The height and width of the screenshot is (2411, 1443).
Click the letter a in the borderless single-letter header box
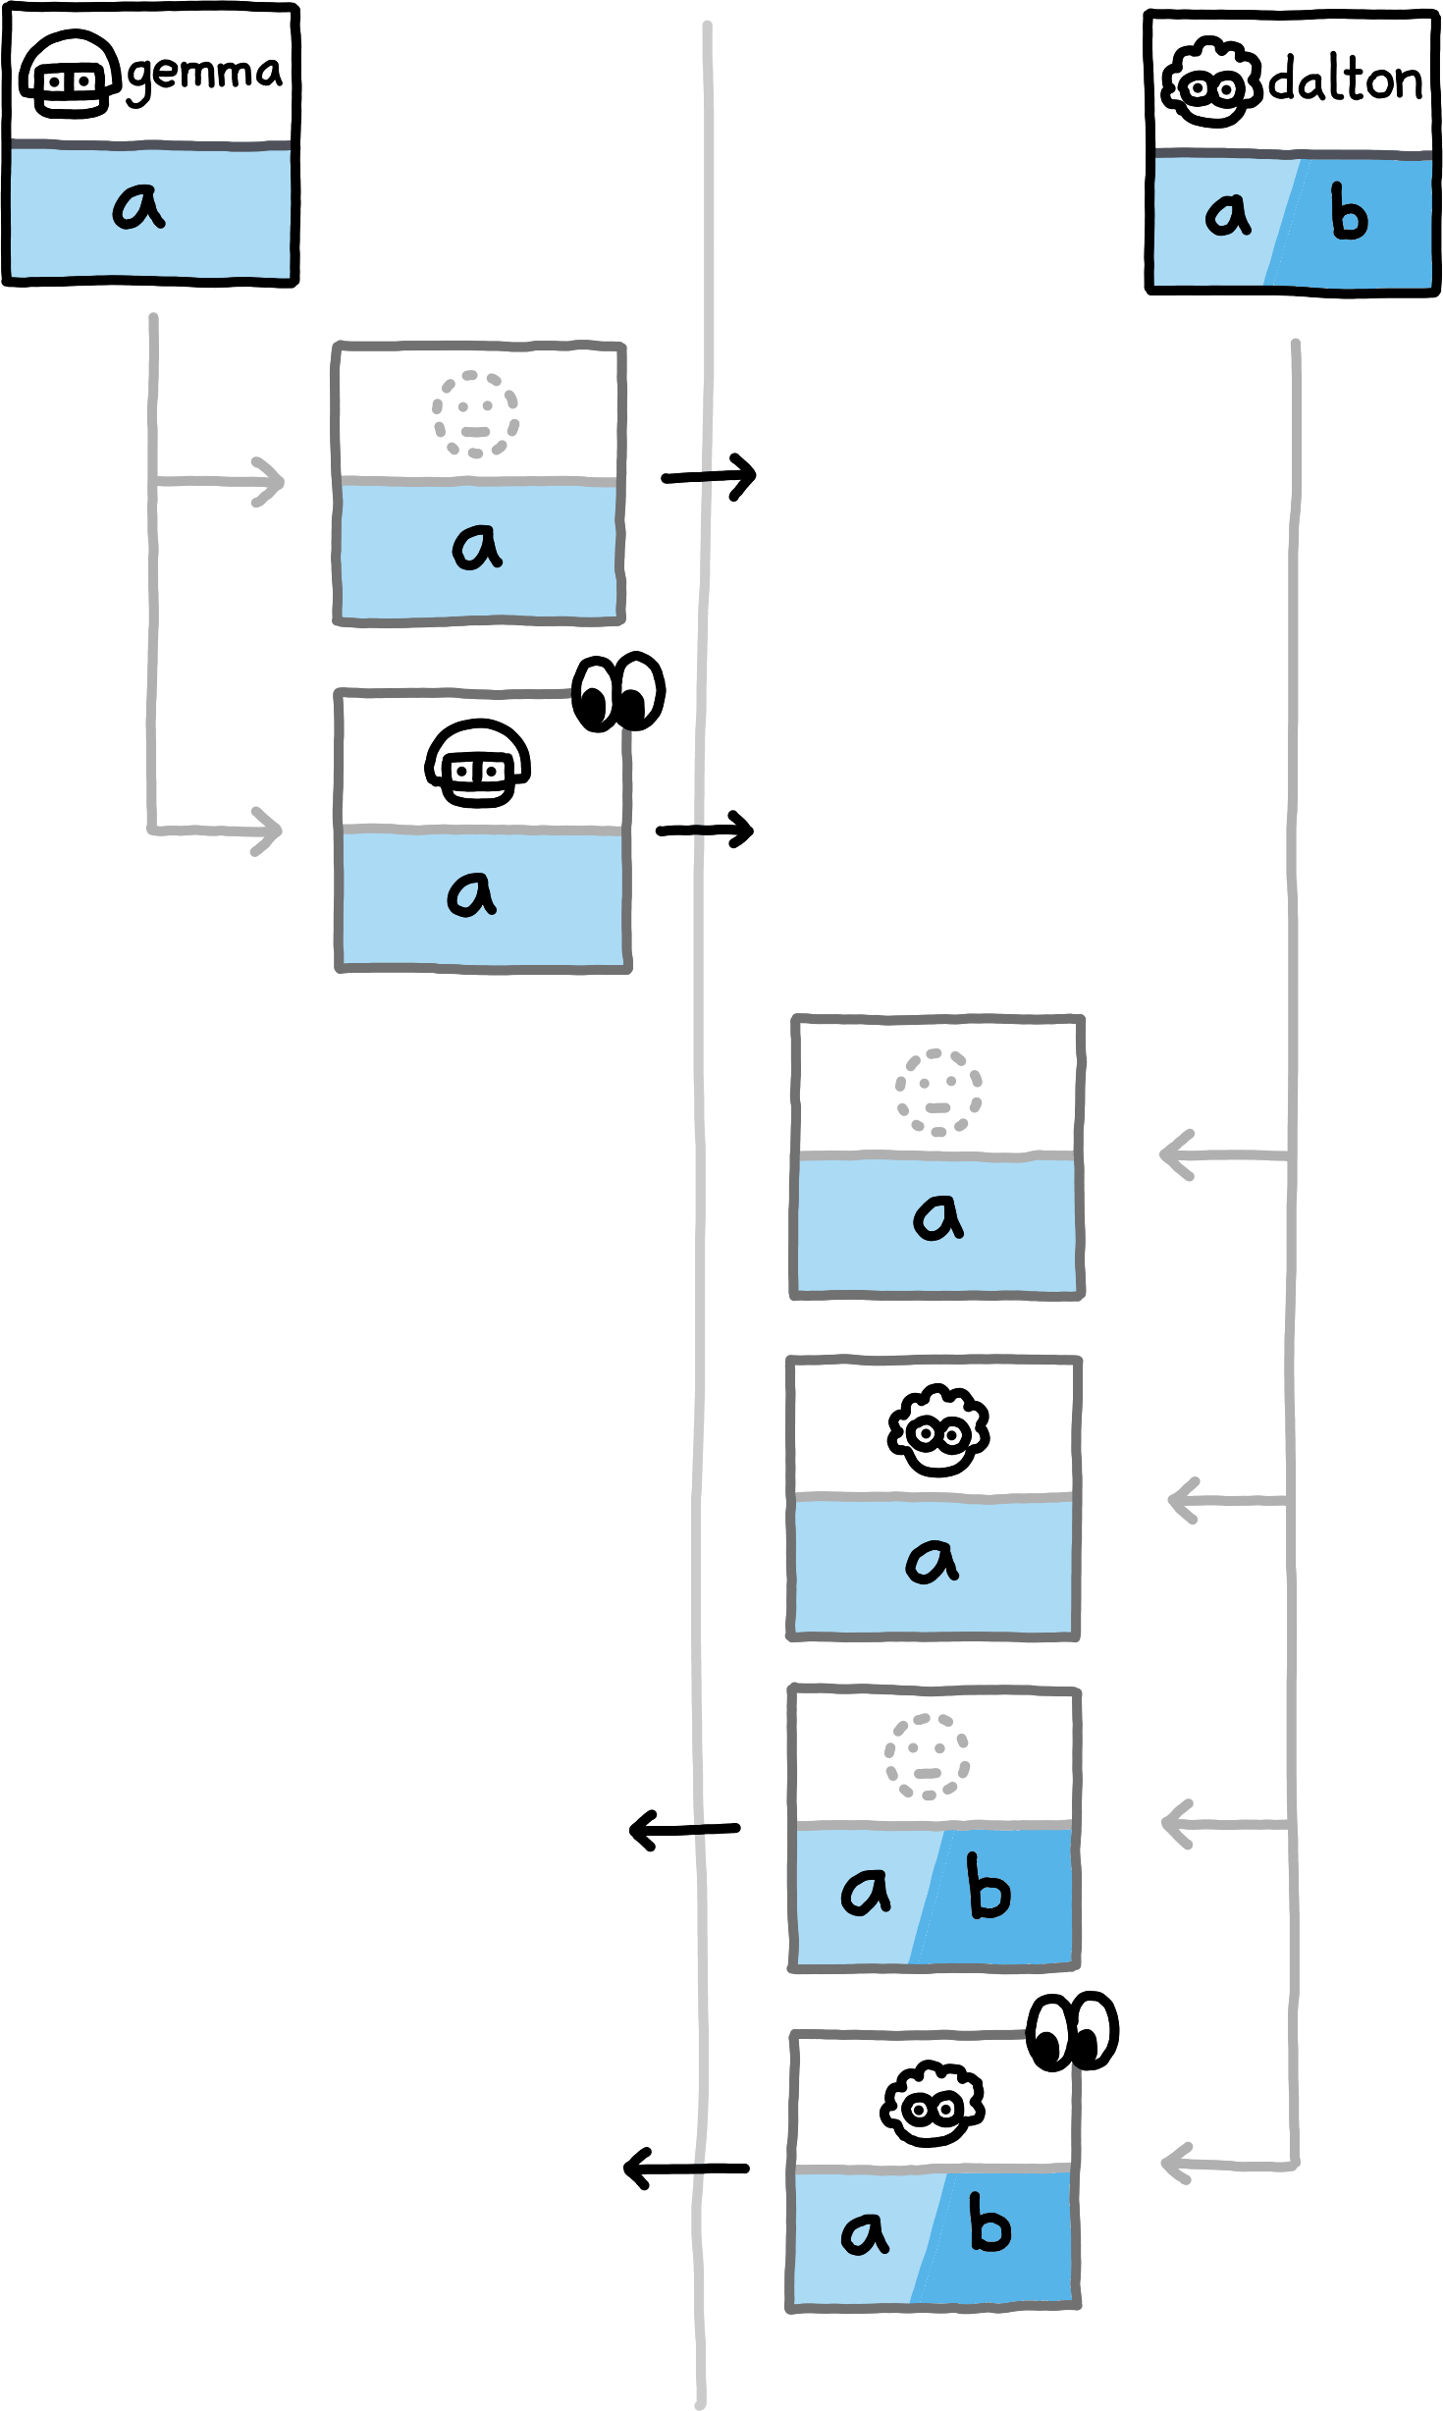[138, 207]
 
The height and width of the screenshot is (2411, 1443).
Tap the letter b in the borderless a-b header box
[1349, 215]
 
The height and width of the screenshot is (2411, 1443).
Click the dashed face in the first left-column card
[476, 414]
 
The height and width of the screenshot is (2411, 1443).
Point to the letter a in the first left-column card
[477, 547]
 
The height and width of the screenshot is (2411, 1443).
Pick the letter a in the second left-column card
[471, 894]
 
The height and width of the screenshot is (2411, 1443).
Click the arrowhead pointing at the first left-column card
[271, 481]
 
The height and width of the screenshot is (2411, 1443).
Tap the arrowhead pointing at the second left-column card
[269, 830]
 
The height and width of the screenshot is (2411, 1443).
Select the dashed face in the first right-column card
[937, 1092]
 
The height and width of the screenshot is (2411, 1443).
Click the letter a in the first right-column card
[938, 1217]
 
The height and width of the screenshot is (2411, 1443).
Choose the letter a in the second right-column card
[932, 1561]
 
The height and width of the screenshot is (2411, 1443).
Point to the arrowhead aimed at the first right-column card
[1174, 1154]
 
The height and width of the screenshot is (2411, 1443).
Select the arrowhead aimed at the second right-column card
[1181, 1500]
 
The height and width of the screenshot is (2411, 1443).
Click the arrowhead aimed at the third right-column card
[1175, 1824]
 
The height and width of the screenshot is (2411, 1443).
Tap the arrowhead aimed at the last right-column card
[1174, 2164]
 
